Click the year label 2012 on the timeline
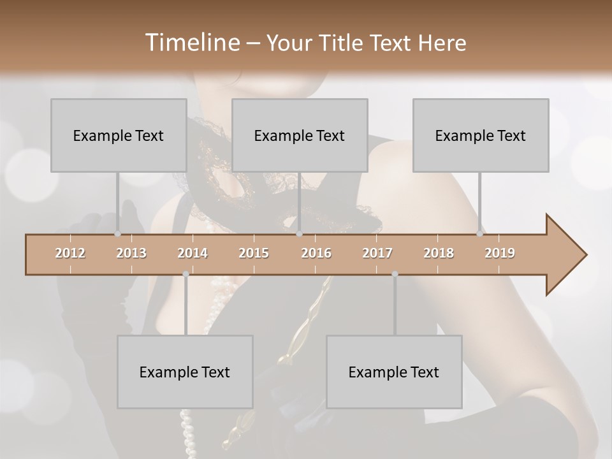(x=70, y=253)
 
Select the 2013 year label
(x=131, y=253)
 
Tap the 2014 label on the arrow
(x=193, y=253)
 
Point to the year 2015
(x=254, y=253)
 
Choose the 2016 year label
(x=316, y=253)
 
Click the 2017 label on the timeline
(x=377, y=253)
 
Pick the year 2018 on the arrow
(x=439, y=253)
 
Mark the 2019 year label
(x=500, y=253)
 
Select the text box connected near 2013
(x=119, y=135)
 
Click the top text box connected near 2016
(x=300, y=135)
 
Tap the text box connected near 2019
(x=481, y=135)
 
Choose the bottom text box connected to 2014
(x=185, y=372)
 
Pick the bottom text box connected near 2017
(x=394, y=372)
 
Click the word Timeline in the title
(x=191, y=43)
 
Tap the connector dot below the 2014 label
(x=186, y=274)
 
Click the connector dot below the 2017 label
(x=395, y=274)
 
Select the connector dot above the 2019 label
(x=480, y=234)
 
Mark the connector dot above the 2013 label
(x=118, y=234)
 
